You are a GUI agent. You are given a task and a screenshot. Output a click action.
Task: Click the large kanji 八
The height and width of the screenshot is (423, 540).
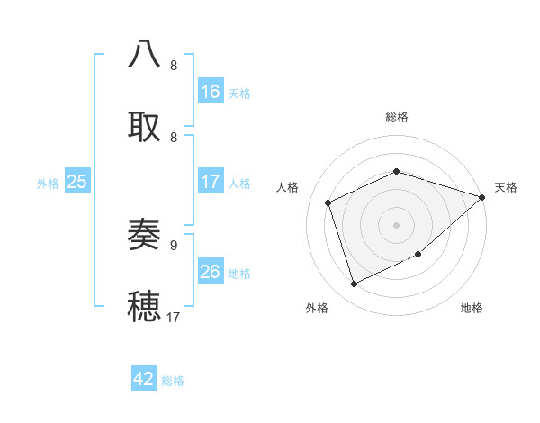tap(145, 54)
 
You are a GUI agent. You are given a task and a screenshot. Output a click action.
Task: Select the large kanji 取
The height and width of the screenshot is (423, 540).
tap(145, 126)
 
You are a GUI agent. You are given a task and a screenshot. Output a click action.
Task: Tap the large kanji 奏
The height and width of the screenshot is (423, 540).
tap(145, 235)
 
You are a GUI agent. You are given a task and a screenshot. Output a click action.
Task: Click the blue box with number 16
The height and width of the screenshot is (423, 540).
tap(211, 92)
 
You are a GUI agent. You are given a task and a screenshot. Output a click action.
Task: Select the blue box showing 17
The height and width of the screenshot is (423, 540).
tap(211, 182)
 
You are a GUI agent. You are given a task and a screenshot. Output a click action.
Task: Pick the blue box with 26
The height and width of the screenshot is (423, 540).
tap(211, 272)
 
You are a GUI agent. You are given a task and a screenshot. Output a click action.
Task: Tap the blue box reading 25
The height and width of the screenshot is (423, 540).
tap(76, 182)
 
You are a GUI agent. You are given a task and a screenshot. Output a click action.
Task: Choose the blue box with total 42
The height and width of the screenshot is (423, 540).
tap(144, 379)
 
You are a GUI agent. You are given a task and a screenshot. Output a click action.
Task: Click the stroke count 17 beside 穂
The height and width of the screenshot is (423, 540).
tap(174, 317)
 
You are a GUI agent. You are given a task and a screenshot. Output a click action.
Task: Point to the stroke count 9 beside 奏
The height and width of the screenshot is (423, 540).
tap(174, 245)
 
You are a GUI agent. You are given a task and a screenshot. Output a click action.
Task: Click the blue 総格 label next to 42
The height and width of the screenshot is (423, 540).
tap(173, 381)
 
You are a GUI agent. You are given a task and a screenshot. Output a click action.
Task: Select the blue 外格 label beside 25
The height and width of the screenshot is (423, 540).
tap(48, 183)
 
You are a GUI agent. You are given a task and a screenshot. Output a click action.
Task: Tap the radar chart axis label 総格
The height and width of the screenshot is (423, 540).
tap(397, 117)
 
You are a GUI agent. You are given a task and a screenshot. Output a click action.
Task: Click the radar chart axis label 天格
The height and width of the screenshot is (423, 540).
tap(506, 187)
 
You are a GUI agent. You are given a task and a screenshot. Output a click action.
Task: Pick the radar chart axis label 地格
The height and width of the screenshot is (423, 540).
tap(472, 308)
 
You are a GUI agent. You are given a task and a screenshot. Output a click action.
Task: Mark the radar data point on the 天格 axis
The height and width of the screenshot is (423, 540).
tap(482, 197)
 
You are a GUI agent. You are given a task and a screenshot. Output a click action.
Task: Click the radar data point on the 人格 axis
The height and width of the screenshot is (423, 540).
tap(328, 202)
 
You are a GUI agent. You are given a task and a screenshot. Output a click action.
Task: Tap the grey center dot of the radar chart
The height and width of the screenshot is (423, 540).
tap(396, 224)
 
